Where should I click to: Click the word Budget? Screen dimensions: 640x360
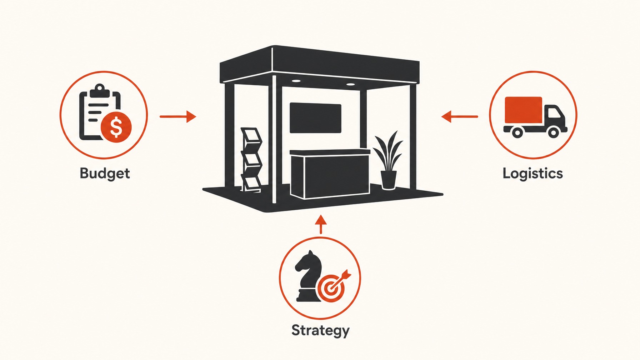point(105,174)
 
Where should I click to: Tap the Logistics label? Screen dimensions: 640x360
point(532,174)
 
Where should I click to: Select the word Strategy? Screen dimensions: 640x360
point(320,330)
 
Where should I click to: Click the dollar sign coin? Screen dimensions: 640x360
point(116,127)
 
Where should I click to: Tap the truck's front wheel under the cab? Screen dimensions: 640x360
point(553,132)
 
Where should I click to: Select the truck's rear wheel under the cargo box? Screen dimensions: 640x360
point(517,132)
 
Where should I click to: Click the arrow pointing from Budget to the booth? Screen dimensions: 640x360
point(178,116)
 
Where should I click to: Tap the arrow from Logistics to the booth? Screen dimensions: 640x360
point(460,116)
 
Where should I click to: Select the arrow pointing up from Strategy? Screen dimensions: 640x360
point(321,224)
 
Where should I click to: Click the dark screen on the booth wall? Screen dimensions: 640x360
point(315,118)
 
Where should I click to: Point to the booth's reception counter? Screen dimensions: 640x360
point(330,174)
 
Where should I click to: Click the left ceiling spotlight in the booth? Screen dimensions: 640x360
point(296,81)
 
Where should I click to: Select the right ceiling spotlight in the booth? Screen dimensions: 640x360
point(350,84)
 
